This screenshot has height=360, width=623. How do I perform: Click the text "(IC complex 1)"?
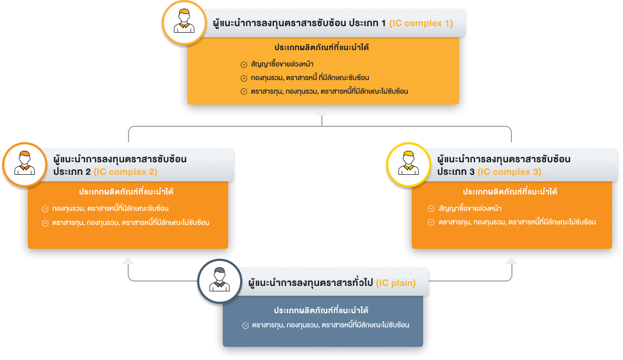421,24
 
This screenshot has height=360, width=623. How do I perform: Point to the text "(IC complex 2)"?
126,172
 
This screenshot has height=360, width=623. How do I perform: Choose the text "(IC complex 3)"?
509,172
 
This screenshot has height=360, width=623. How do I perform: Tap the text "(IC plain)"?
396,283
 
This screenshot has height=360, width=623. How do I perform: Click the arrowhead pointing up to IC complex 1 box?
321,113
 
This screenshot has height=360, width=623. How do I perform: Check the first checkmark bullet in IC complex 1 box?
244,64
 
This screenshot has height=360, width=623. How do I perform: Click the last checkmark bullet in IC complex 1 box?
244,91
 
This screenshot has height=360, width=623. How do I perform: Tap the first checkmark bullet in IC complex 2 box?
45,209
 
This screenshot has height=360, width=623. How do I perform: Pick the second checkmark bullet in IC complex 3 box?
431,222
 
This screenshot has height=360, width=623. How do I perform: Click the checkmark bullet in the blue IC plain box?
245,325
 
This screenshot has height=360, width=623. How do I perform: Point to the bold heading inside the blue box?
321,310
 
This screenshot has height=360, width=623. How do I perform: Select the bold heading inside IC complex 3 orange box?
510,192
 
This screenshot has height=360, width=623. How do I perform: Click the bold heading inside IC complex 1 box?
322,47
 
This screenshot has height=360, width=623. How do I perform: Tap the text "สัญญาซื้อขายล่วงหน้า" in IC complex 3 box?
470,209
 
